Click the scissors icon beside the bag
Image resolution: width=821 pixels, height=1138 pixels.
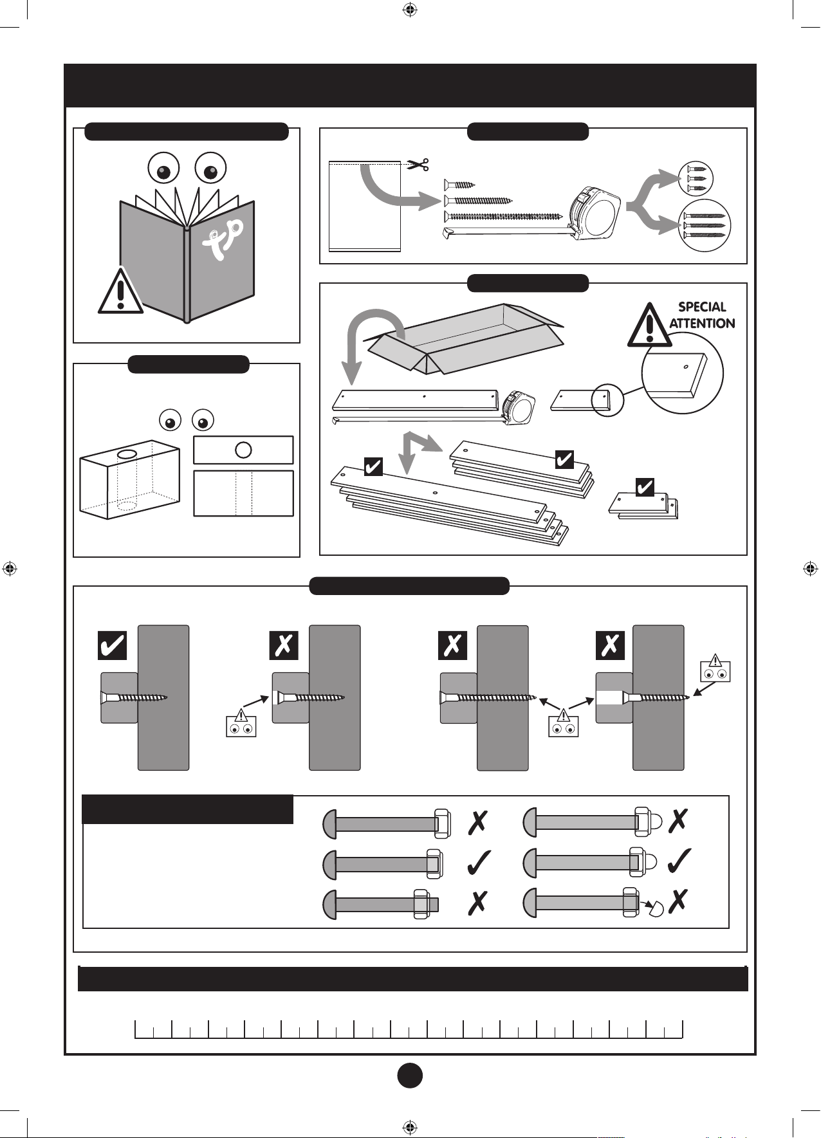pos(419,165)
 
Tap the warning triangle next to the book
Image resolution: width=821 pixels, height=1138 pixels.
pos(120,293)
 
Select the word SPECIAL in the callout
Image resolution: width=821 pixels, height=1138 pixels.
pos(702,307)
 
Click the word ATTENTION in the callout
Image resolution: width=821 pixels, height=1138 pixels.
pos(702,323)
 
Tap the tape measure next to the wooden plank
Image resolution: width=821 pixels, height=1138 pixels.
pos(520,408)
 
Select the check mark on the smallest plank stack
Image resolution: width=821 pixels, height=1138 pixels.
pos(645,488)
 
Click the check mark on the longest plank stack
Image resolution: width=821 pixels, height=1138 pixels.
pos(373,466)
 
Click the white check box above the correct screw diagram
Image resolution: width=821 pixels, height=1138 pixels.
pos(112,645)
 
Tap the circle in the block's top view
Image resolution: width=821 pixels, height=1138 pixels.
pos(243,450)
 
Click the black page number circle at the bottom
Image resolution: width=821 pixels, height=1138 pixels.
pos(410,1075)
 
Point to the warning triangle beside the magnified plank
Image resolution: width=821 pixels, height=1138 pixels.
pos(649,326)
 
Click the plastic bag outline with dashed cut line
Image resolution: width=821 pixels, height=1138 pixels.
pos(364,206)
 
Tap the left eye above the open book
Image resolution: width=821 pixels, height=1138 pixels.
pos(163,169)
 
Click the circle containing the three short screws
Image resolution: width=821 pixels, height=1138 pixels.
pos(697,178)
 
